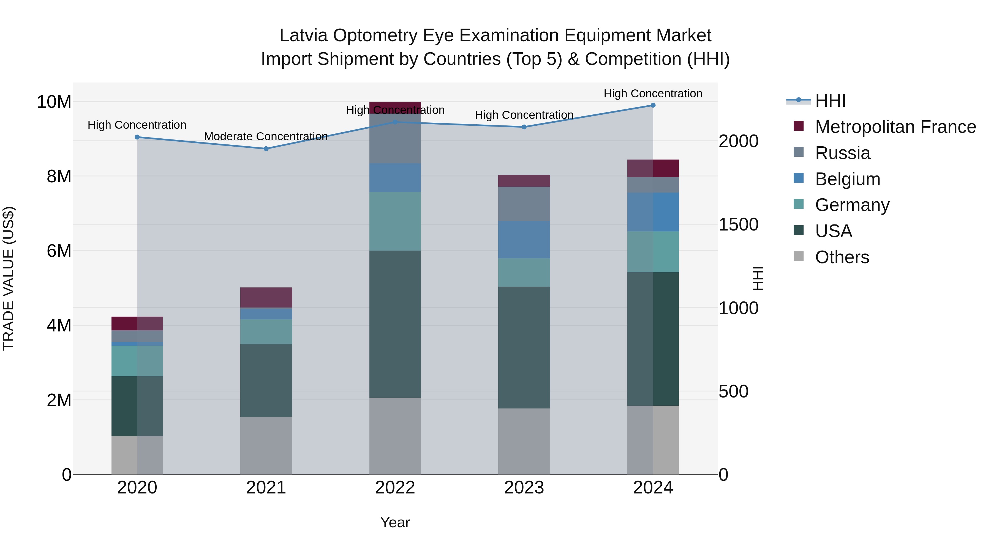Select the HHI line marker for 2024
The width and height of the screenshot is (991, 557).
pos(653,105)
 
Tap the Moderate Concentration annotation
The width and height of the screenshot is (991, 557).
pos(266,136)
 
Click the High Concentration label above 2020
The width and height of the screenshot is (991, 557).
pos(137,125)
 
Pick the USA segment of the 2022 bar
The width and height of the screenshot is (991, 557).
pos(395,324)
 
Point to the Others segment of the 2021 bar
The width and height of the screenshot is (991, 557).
pos(266,446)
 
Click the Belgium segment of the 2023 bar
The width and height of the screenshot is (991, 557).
pos(524,240)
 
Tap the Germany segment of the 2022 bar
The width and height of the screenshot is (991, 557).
pos(395,221)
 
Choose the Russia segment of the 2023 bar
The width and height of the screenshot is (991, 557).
pos(524,204)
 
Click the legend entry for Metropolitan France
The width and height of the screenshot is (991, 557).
pos(895,127)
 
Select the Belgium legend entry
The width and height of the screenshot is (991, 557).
pos(848,179)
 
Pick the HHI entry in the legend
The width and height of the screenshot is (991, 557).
pos(830,101)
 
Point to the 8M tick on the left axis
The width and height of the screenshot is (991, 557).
pos(59,176)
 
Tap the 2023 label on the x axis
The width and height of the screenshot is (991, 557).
pos(524,488)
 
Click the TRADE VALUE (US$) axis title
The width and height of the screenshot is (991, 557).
pos(9,278)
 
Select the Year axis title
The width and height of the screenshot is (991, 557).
pos(395,522)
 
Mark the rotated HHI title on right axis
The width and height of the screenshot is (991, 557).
pos(758,278)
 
